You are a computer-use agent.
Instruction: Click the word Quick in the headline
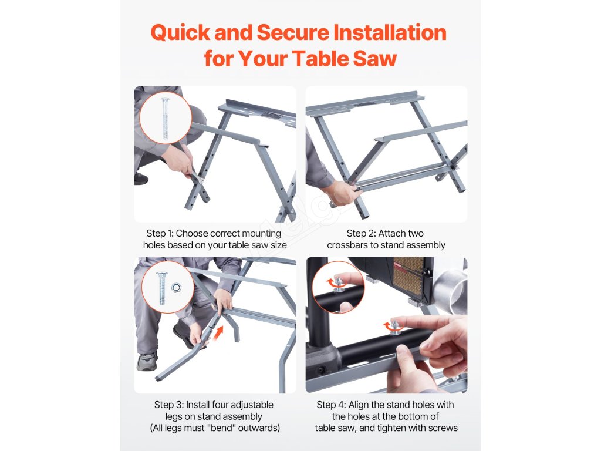(180, 33)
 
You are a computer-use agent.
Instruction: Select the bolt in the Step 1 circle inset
(165, 118)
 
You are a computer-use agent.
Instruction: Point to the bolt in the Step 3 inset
(162, 288)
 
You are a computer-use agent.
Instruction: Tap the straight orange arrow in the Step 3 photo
(218, 332)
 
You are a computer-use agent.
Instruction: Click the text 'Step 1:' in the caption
(160, 234)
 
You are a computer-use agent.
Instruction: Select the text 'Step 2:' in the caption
(361, 234)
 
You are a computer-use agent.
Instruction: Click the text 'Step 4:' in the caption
(331, 405)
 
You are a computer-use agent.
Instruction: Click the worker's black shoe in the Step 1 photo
(141, 178)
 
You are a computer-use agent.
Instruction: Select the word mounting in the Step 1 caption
(262, 234)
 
